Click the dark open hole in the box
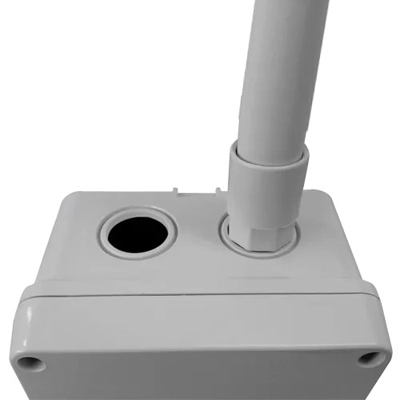[138, 233]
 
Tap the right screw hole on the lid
[369, 358]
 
